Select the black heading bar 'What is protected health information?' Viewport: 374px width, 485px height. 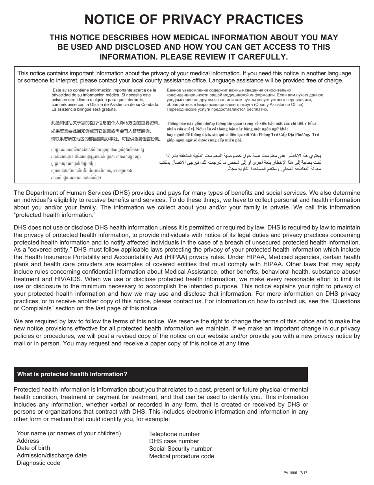(x=161, y=374)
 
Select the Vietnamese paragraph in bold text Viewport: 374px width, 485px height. (x=243, y=131)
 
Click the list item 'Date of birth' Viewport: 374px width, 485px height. (x=33, y=448)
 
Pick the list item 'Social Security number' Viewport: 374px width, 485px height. (x=180, y=449)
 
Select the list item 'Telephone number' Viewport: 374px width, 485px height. (x=174, y=434)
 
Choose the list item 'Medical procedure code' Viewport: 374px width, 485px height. (x=181, y=456)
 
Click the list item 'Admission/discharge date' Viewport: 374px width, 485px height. (x=52, y=455)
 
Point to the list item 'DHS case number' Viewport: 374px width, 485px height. (x=174, y=441)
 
